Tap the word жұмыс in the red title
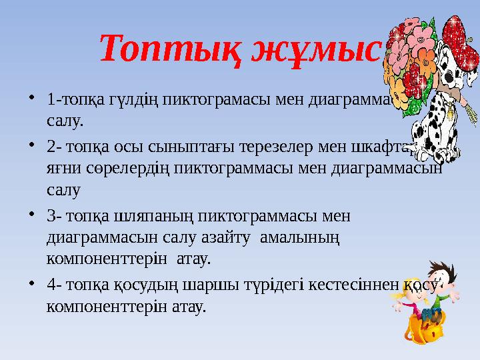point(313,48)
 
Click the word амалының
point(311,237)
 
